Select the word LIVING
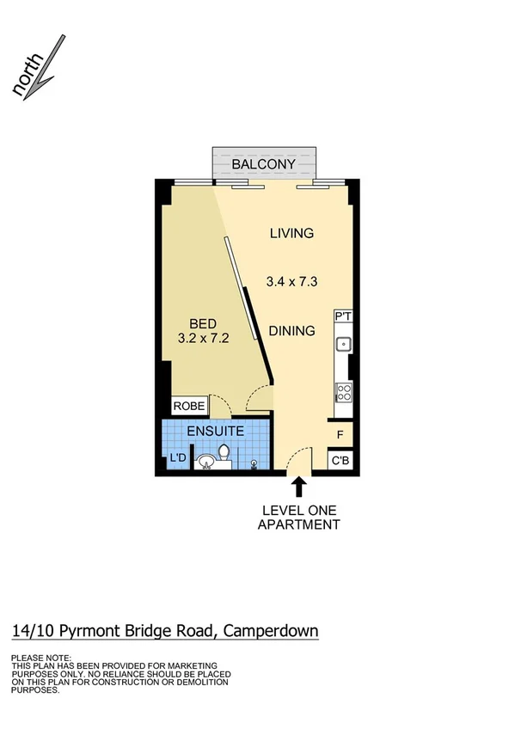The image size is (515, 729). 291,233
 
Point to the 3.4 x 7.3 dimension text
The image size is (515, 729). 291,279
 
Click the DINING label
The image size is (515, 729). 291,331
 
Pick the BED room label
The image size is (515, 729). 202,323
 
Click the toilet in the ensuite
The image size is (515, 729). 224,453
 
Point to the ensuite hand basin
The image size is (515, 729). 205,464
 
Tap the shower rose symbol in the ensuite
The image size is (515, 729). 254,465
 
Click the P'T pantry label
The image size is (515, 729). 342,317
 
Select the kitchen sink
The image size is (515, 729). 343,345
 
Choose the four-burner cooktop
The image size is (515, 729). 343,393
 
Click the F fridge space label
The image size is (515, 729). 340,435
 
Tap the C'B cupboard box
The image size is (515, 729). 341,461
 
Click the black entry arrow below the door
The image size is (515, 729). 299,487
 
